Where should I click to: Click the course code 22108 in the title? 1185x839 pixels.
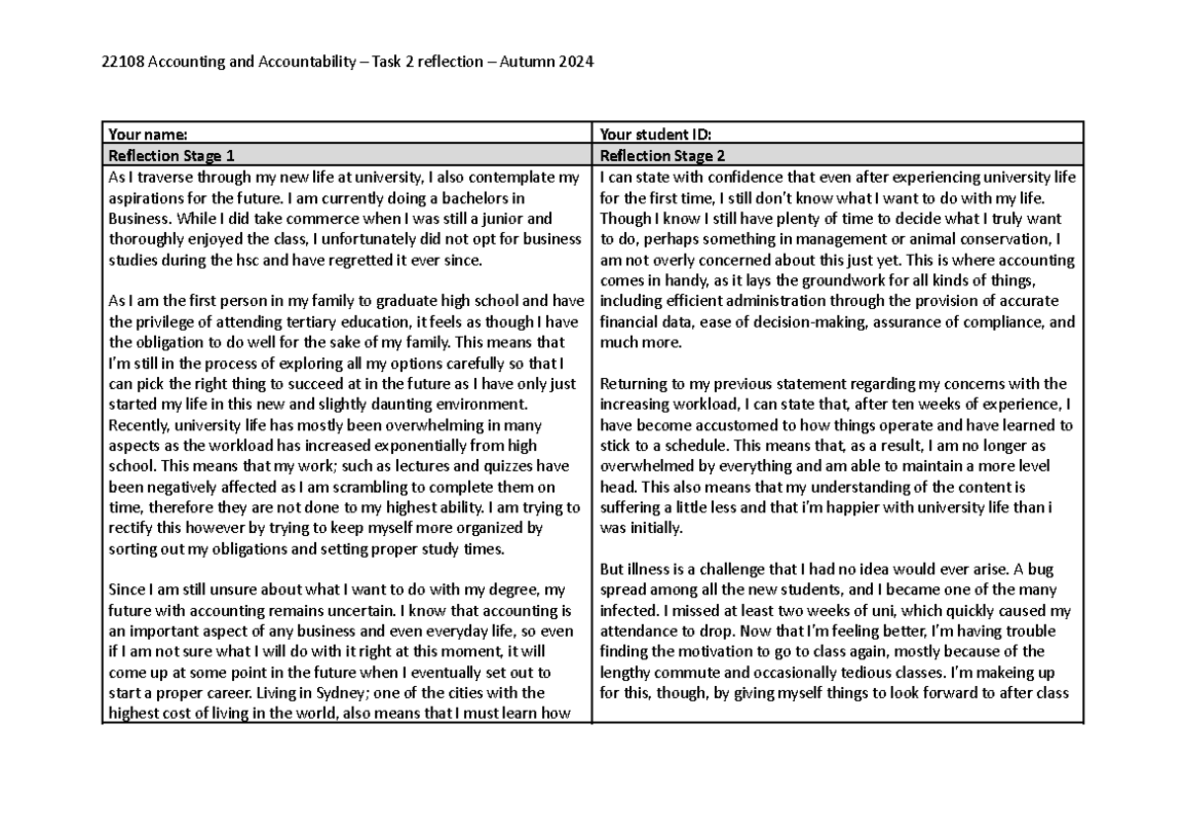click(x=122, y=64)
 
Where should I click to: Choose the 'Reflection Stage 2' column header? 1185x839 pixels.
click(x=665, y=155)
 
